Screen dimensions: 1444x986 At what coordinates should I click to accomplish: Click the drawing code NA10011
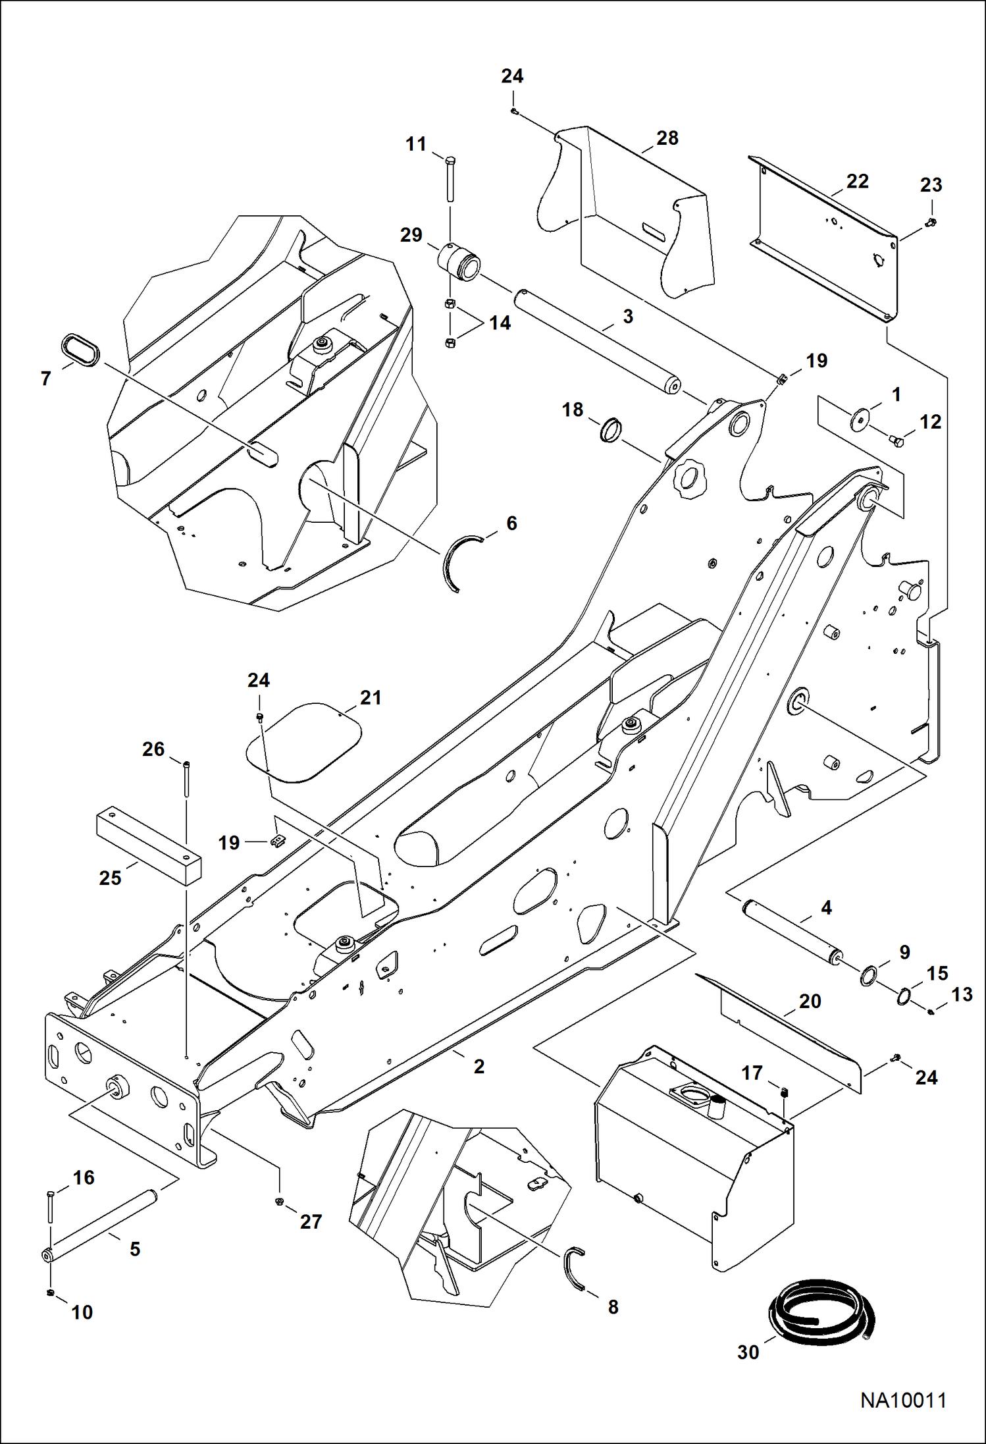pos(903,1399)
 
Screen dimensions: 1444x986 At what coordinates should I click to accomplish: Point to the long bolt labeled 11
pos(450,178)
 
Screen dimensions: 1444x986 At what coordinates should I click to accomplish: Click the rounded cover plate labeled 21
pos(304,742)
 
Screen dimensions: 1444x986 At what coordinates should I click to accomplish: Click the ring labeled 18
pos(612,430)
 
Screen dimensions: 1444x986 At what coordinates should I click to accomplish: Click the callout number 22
pos(857,181)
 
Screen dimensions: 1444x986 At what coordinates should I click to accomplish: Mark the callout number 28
pos(667,138)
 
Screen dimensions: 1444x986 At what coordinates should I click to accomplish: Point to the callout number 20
pos(810,1001)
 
